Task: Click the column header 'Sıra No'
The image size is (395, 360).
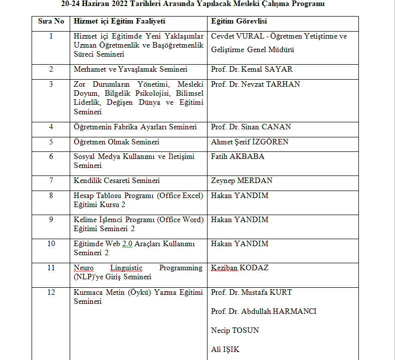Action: (51, 22)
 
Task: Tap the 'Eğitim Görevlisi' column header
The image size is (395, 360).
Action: (239, 22)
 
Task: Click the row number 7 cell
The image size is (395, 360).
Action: (51, 181)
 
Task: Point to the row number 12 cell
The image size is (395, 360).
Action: (51, 292)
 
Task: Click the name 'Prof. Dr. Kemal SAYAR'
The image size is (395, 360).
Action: (252, 70)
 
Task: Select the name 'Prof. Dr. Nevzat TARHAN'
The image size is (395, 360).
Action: (256, 84)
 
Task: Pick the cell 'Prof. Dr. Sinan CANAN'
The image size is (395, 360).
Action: (251, 127)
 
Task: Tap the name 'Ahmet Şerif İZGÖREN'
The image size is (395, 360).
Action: (250, 142)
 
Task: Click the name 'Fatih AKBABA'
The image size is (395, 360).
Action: (238, 156)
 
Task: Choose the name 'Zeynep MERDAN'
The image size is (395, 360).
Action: (242, 181)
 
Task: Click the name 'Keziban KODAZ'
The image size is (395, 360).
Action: (240, 268)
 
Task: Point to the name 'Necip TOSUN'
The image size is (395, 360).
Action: (235, 330)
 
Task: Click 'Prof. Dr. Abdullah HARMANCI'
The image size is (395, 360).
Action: (264, 311)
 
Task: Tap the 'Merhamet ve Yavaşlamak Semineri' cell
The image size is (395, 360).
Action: (130, 70)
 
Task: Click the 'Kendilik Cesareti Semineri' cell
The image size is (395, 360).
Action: (117, 181)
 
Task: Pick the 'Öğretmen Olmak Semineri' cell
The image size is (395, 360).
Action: (116, 142)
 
